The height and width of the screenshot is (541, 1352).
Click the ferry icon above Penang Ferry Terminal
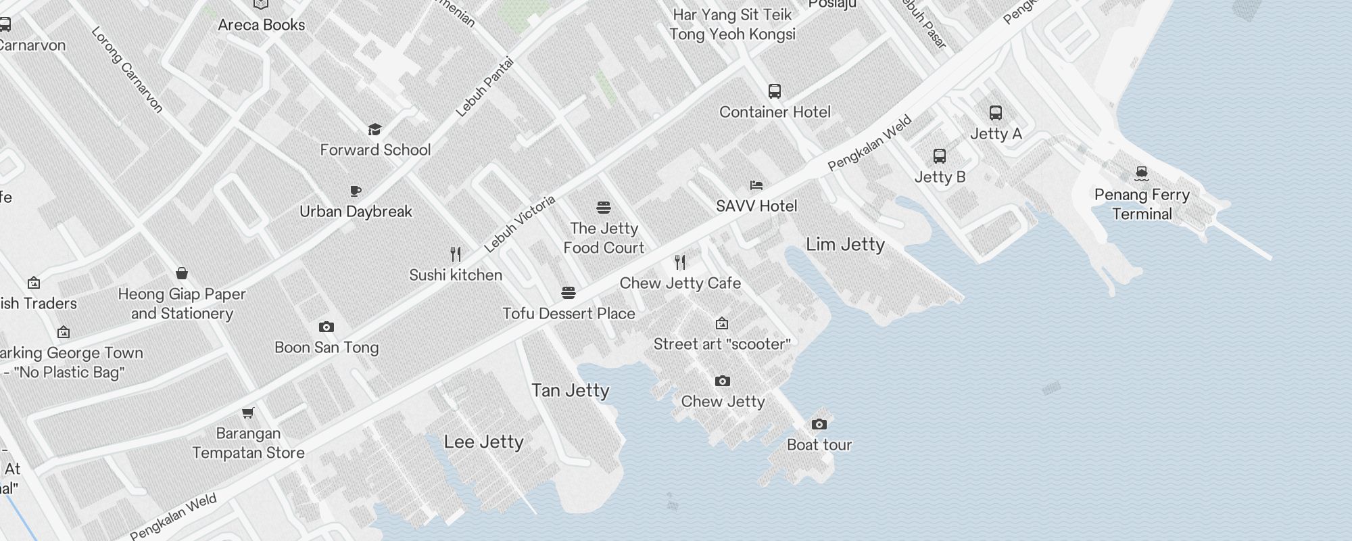point(1142,174)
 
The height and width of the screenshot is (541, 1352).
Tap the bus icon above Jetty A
point(995,113)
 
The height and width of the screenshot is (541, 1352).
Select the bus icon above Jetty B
point(939,156)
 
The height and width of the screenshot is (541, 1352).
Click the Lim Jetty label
point(845,244)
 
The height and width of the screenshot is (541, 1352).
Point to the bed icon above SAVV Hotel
point(756,185)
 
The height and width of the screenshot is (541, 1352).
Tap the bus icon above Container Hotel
point(774,91)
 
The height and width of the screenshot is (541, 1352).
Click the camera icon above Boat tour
point(819,424)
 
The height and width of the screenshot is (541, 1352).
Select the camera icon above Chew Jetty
point(722,381)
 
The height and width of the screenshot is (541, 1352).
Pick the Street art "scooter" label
point(721,344)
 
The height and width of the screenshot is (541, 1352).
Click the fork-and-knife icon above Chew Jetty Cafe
point(680,262)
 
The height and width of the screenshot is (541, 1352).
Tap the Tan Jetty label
point(570,390)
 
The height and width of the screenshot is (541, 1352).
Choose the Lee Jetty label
point(483,442)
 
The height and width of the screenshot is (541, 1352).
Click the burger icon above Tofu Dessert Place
point(568,293)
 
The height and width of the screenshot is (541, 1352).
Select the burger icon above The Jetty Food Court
point(603,207)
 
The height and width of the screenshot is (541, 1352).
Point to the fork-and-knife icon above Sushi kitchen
point(456,254)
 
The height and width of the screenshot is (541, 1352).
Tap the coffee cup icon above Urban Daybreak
point(356,191)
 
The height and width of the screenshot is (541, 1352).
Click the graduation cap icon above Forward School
point(375,129)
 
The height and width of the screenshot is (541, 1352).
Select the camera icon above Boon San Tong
point(326,327)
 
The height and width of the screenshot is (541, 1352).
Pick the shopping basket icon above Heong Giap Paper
point(181,273)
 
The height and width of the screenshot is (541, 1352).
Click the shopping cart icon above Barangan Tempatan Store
point(248,413)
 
